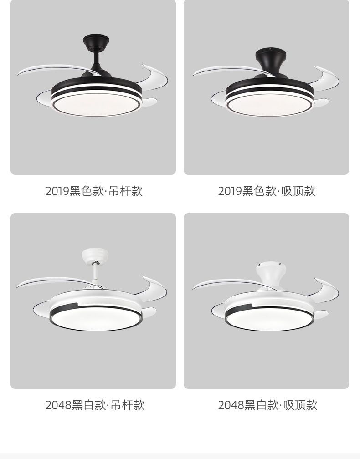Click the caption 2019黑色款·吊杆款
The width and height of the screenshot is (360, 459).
tap(94, 191)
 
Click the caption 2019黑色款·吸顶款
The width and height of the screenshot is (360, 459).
tap(267, 191)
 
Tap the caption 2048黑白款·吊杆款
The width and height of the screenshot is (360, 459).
tap(95, 405)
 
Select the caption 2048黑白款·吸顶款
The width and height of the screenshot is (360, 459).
tap(268, 405)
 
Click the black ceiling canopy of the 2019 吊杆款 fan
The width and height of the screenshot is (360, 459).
tap(96, 43)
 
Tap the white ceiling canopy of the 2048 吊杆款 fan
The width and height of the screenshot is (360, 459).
tap(95, 255)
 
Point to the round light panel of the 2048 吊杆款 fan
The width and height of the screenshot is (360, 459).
tap(96, 318)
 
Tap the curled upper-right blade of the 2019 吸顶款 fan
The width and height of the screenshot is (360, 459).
tap(325, 76)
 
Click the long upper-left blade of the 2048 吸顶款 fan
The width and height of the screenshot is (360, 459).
tap(231, 284)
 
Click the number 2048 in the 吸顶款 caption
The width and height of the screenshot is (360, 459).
tap(231, 405)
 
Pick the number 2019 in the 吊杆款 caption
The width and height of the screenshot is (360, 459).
tap(57, 191)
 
